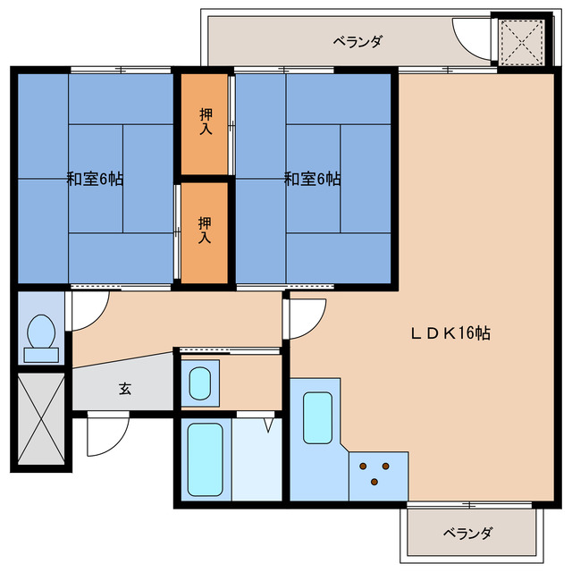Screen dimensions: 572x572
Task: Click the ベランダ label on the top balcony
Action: pos(358,41)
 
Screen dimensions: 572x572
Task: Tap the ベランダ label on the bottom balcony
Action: pos(467,534)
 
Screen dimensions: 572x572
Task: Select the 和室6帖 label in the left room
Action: pos(95,179)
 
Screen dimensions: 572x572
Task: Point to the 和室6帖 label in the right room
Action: pos(312,179)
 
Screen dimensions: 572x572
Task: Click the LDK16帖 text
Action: pos(450,333)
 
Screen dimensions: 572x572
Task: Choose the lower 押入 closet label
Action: pos(206,231)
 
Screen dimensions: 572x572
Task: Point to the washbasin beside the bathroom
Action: pos(199,383)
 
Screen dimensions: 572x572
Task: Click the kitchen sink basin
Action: pos(317,416)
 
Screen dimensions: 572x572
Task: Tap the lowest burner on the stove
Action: pos(374,483)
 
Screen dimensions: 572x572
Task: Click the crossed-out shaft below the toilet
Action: pos(40,418)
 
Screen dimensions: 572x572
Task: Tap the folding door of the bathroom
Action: pos(267,425)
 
